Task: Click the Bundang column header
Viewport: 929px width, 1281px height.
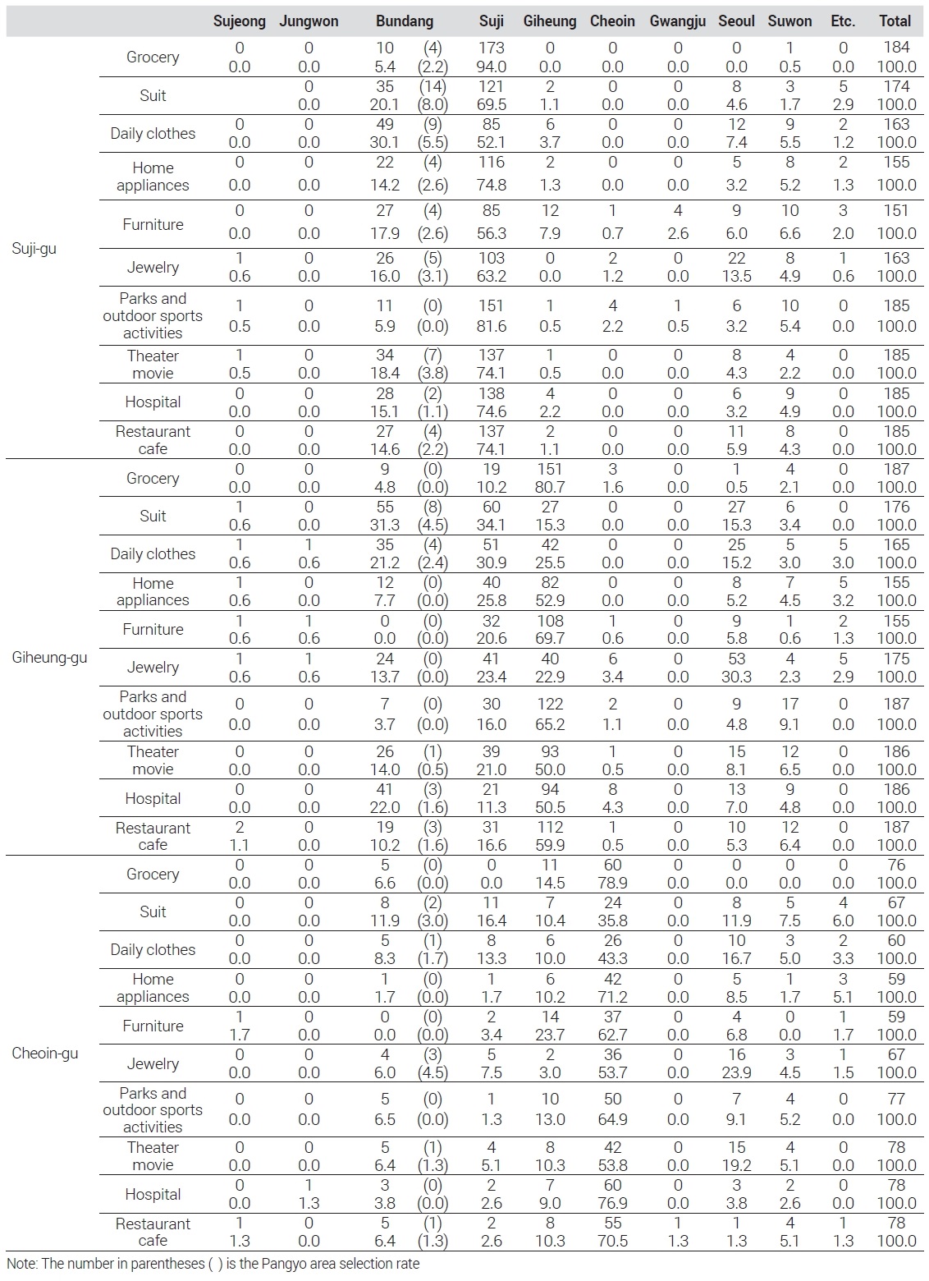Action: (404, 21)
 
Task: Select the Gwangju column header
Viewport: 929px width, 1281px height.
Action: (678, 21)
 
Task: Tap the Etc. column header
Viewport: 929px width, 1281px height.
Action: (843, 21)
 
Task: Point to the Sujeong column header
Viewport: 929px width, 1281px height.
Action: (239, 21)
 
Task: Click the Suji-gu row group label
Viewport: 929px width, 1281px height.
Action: (34, 248)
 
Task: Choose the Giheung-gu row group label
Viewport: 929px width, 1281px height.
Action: (49, 657)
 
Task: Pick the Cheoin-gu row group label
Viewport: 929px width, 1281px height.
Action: (45, 1054)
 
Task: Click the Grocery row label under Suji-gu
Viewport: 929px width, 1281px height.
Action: (153, 57)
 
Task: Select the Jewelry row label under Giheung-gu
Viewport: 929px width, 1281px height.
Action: (153, 667)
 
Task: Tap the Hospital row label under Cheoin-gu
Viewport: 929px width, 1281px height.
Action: (153, 1195)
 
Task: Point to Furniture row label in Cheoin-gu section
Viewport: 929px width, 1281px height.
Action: (153, 1026)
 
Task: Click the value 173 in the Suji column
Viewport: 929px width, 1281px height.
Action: (491, 48)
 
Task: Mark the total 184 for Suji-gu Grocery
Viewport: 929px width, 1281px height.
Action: (896, 48)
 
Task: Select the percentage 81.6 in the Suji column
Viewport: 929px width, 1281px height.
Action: (491, 326)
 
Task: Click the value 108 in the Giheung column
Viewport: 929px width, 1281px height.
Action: (550, 621)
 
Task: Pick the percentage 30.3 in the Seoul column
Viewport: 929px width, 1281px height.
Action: (737, 677)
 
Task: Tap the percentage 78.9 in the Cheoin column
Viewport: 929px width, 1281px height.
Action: (612, 883)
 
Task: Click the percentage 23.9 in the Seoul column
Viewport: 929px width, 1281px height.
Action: (737, 1072)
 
